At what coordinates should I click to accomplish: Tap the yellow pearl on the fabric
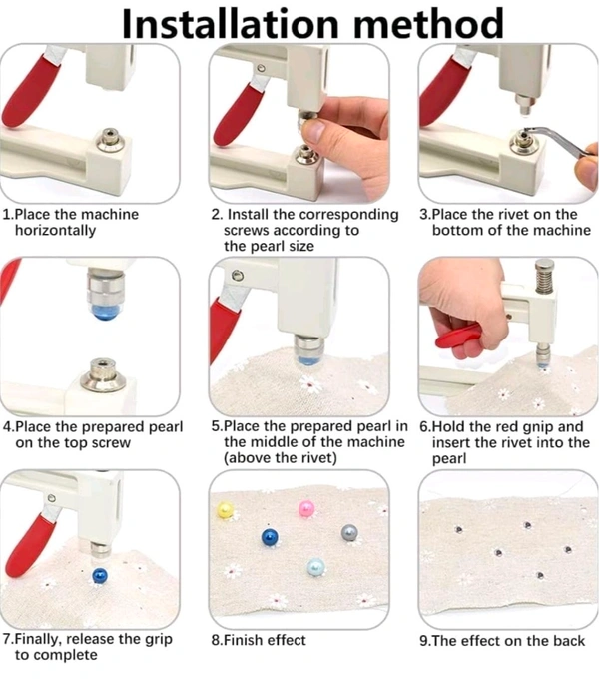coord(225,510)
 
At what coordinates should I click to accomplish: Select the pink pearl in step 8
coord(306,509)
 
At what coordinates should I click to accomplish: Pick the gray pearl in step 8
coord(349,533)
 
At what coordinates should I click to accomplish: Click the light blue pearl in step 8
coord(315,567)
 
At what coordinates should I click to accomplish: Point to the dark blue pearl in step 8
coord(271,538)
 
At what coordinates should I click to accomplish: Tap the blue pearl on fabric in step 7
coord(100,575)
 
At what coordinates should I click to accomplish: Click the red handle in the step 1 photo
coord(31,91)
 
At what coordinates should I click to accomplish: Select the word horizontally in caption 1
coord(55,230)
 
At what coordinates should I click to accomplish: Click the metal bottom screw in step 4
coord(102,374)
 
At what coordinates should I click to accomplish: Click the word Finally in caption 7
coord(38,640)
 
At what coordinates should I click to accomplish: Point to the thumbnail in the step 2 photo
coord(315,129)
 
